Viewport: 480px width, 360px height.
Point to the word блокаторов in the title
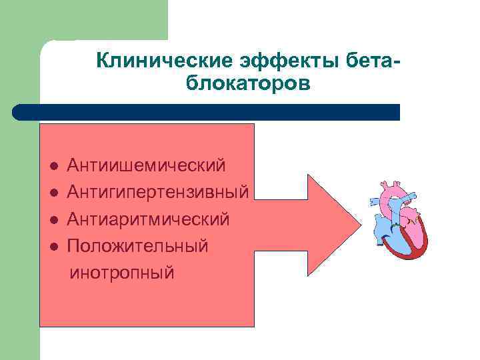245,85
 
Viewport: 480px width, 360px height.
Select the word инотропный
123,272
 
